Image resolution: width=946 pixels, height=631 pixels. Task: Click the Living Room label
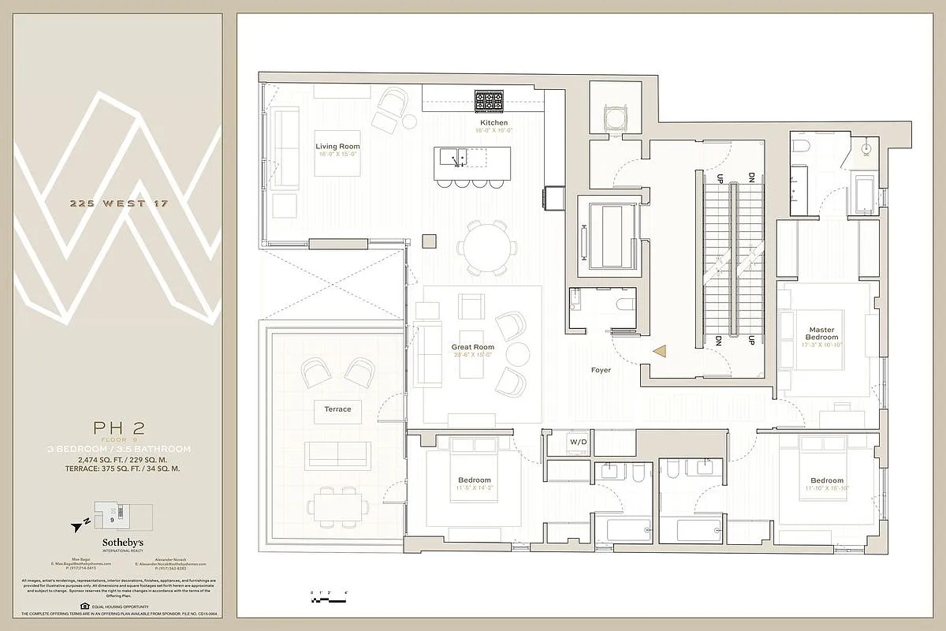[x=337, y=146]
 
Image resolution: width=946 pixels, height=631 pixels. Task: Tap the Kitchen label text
[x=494, y=123]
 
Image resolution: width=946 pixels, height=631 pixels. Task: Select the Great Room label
[x=472, y=347]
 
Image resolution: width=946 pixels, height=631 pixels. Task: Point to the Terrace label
[x=337, y=409]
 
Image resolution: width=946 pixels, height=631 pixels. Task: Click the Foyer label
[x=601, y=369]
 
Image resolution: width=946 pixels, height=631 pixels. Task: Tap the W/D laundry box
[x=579, y=442]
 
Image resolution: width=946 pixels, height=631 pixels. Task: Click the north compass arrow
[x=77, y=524]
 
